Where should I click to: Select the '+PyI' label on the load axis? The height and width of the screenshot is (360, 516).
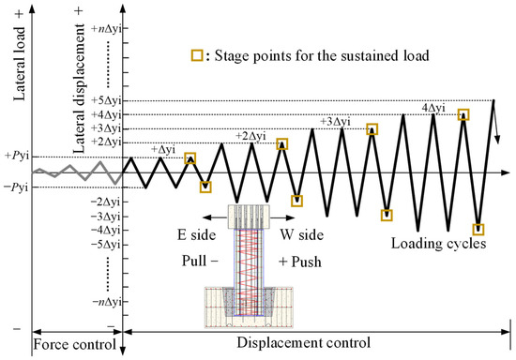(16, 157)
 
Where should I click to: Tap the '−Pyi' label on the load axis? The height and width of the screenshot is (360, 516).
(16, 187)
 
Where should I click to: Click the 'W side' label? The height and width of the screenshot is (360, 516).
(301, 235)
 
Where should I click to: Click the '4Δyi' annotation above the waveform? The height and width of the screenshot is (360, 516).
(433, 108)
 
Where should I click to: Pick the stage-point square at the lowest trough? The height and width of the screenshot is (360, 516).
(479, 229)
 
